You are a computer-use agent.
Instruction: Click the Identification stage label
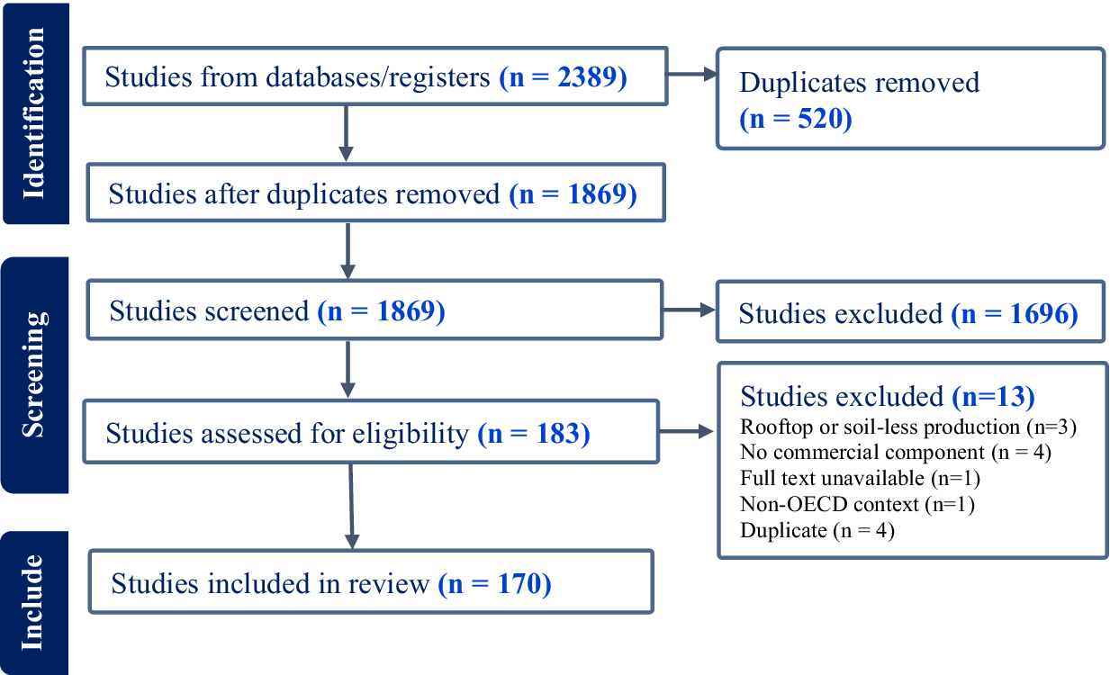33,112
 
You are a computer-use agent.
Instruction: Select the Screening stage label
33,374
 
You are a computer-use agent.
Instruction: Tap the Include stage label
33,602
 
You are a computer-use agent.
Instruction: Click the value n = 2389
563,77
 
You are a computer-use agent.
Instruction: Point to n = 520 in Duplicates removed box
796,118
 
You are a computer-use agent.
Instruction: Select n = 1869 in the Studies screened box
382,311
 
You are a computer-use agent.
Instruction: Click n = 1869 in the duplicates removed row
573,193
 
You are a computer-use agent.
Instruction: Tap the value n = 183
533,434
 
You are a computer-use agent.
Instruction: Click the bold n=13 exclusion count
992,396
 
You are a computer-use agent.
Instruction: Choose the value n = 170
494,584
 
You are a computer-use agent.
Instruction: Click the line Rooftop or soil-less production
907,426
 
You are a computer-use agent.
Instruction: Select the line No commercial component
895,452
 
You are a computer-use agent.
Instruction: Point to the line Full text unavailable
860,478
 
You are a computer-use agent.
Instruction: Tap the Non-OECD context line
857,504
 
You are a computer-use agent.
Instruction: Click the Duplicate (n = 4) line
817,530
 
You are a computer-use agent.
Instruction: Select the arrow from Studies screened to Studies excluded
689,311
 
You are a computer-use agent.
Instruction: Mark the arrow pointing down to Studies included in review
351,504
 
